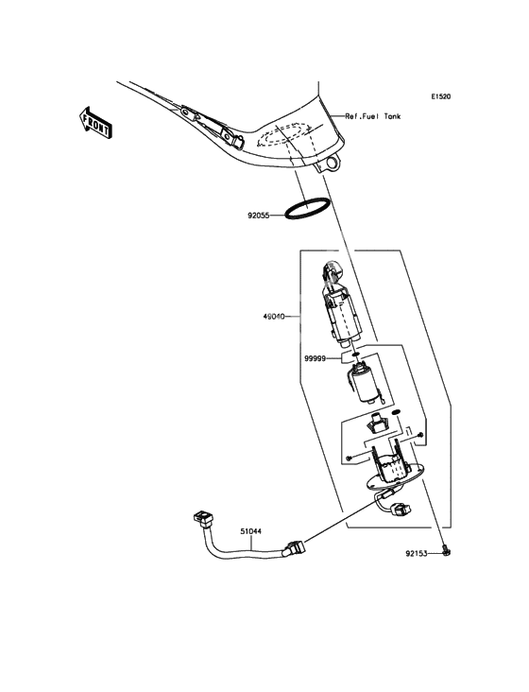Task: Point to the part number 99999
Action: (x=316, y=358)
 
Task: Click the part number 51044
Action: (x=251, y=533)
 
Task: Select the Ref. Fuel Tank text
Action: (x=372, y=116)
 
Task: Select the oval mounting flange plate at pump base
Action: (x=392, y=476)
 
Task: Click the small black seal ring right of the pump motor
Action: (x=398, y=410)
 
